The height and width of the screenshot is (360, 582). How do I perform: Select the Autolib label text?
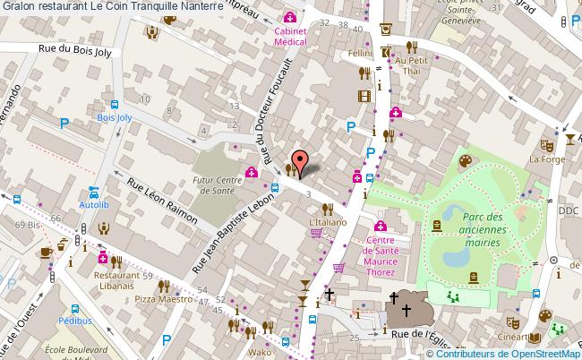point(93,205)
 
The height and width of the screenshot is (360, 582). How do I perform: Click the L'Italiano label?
point(326,220)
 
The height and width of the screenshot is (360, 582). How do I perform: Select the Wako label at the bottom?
point(261,353)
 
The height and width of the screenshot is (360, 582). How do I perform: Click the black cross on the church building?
point(406,310)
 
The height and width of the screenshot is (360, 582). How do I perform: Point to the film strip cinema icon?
point(364,96)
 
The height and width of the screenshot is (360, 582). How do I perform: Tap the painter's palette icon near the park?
point(466,160)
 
